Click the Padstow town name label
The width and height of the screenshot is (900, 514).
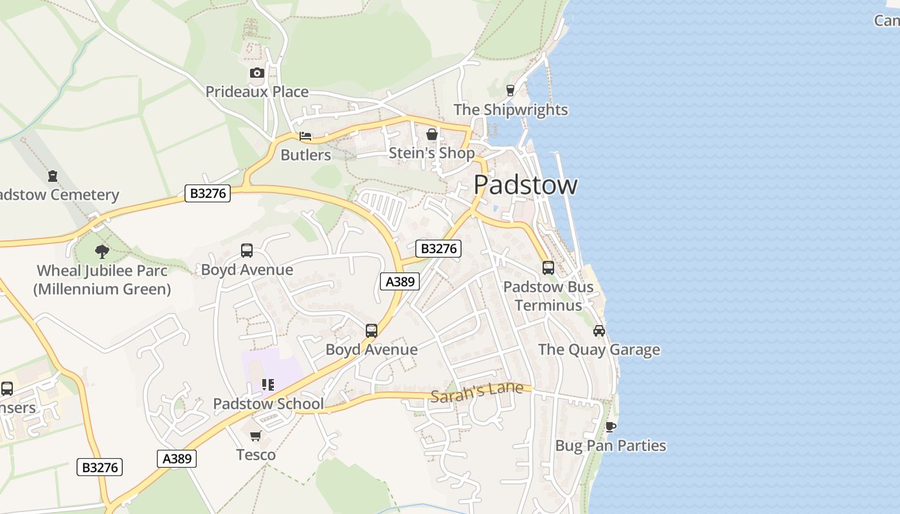click(525, 185)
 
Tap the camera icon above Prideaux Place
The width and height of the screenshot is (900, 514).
click(256, 73)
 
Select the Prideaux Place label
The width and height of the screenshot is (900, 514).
click(256, 92)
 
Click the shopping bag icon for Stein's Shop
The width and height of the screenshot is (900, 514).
click(432, 134)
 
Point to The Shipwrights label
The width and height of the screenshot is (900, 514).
click(510, 110)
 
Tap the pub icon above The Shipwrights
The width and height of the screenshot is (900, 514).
click(510, 91)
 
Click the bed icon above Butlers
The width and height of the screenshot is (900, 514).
click(305, 136)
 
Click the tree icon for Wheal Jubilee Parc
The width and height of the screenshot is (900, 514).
click(102, 251)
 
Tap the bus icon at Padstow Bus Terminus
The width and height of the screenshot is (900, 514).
click(548, 267)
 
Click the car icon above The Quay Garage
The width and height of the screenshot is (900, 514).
click(599, 331)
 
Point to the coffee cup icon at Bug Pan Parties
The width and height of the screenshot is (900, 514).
click(610, 427)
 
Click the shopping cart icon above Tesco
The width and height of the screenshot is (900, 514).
click(256, 436)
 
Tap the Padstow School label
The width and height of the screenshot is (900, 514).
click(268, 404)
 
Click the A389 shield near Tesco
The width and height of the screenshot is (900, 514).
click(177, 458)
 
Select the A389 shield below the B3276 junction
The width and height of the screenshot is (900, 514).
click(400, 281)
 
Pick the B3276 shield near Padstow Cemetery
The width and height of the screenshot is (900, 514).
click(207, 193)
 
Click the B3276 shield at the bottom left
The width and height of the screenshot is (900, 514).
click(100, 467)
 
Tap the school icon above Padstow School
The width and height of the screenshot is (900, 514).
click(268, 385)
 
